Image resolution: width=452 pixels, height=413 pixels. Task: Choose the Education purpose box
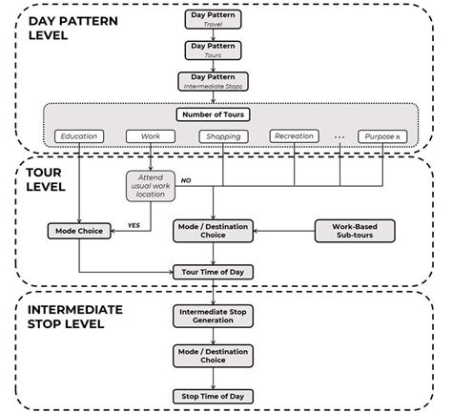pos(78,136)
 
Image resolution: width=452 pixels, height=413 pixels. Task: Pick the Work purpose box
pos(150,136)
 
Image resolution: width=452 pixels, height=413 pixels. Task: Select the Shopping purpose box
pos(221,136)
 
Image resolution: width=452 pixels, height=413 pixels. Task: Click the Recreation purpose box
pos(293,136)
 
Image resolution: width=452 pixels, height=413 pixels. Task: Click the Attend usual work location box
pos(150,184)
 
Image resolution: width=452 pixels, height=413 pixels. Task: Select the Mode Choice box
pos(78,231)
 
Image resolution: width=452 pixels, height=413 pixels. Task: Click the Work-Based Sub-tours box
pos(354,231)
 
